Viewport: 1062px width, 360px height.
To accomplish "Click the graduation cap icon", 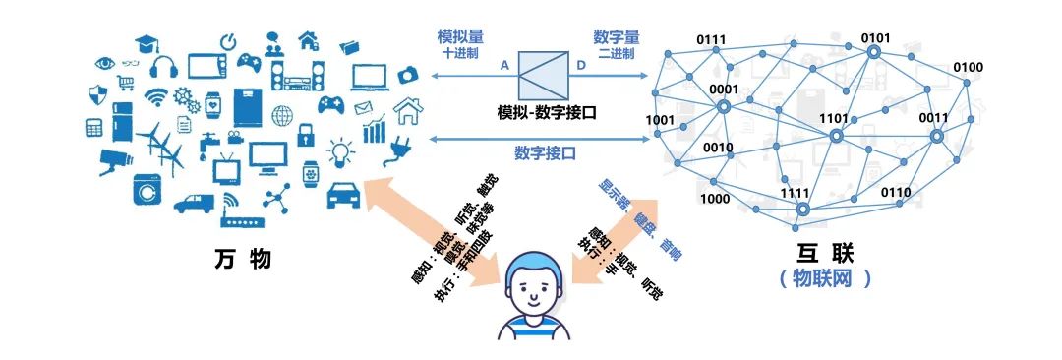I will coord(148,44).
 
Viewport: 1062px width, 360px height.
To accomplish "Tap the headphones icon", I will coord(164,68).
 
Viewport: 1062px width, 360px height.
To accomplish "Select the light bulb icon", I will coord(340,151).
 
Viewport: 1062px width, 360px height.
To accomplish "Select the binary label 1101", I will coord(833,118).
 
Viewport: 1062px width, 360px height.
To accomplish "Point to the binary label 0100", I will coord(968,67).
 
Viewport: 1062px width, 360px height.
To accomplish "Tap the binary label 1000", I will coord(714,199).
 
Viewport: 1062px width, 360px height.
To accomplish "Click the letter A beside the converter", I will coord(504,65).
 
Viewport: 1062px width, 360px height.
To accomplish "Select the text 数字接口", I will coord(545,153).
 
